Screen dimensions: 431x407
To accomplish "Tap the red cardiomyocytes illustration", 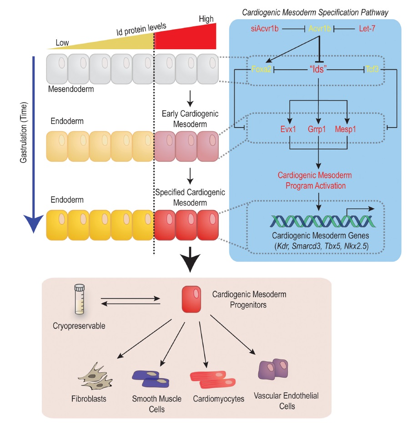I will point(211,377).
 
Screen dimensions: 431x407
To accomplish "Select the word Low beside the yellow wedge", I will point(62,43).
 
